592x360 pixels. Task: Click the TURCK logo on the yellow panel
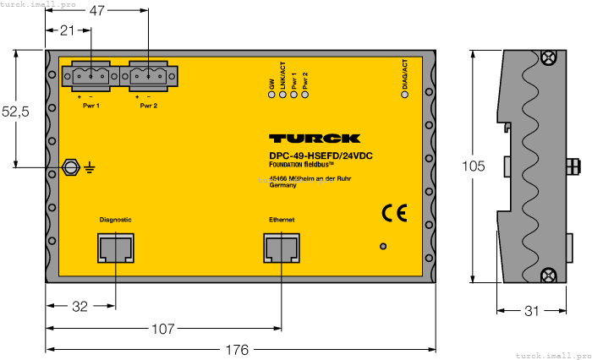click(315, 139)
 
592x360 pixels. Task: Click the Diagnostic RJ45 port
click(115, 248)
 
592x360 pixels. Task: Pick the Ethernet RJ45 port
click(282, 248)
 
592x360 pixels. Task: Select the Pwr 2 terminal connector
click(149, 77)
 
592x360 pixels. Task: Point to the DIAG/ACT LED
click(404, 94)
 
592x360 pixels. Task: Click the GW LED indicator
click(271, 94)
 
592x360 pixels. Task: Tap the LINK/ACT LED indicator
click(282, 94)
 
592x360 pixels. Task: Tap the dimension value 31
click(532, 311)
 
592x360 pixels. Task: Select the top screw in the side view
click(546, 58)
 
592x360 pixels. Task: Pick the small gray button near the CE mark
click(383, 247)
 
